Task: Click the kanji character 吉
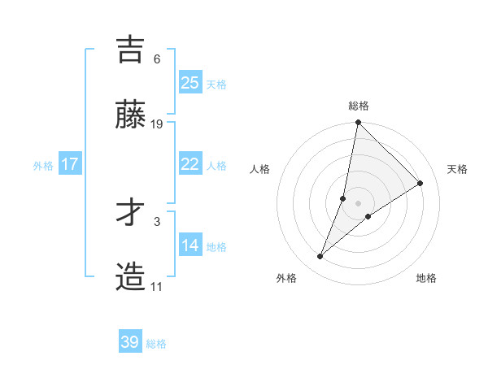(131, 50)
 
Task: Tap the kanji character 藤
(131, 115)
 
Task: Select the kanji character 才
(131, 212)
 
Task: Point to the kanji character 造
(131, 277)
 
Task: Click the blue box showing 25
(190, 82)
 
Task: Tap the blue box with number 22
(190, 164)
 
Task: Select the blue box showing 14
(190, 245)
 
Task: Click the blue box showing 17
(70, 164)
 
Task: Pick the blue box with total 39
(130, 342)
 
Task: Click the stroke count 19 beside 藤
(158, 124)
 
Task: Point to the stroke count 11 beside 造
(157, 287)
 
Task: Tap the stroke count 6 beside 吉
(157, 59)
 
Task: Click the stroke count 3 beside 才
(157, 221)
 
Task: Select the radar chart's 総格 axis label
(359, 106)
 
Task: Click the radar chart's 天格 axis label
(458, 169)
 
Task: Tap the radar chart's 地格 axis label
(426, 278)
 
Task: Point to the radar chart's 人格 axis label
(260, 169)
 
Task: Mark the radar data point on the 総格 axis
(358, 124)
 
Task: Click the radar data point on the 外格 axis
(320, 257)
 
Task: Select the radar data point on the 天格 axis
(420, 183)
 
